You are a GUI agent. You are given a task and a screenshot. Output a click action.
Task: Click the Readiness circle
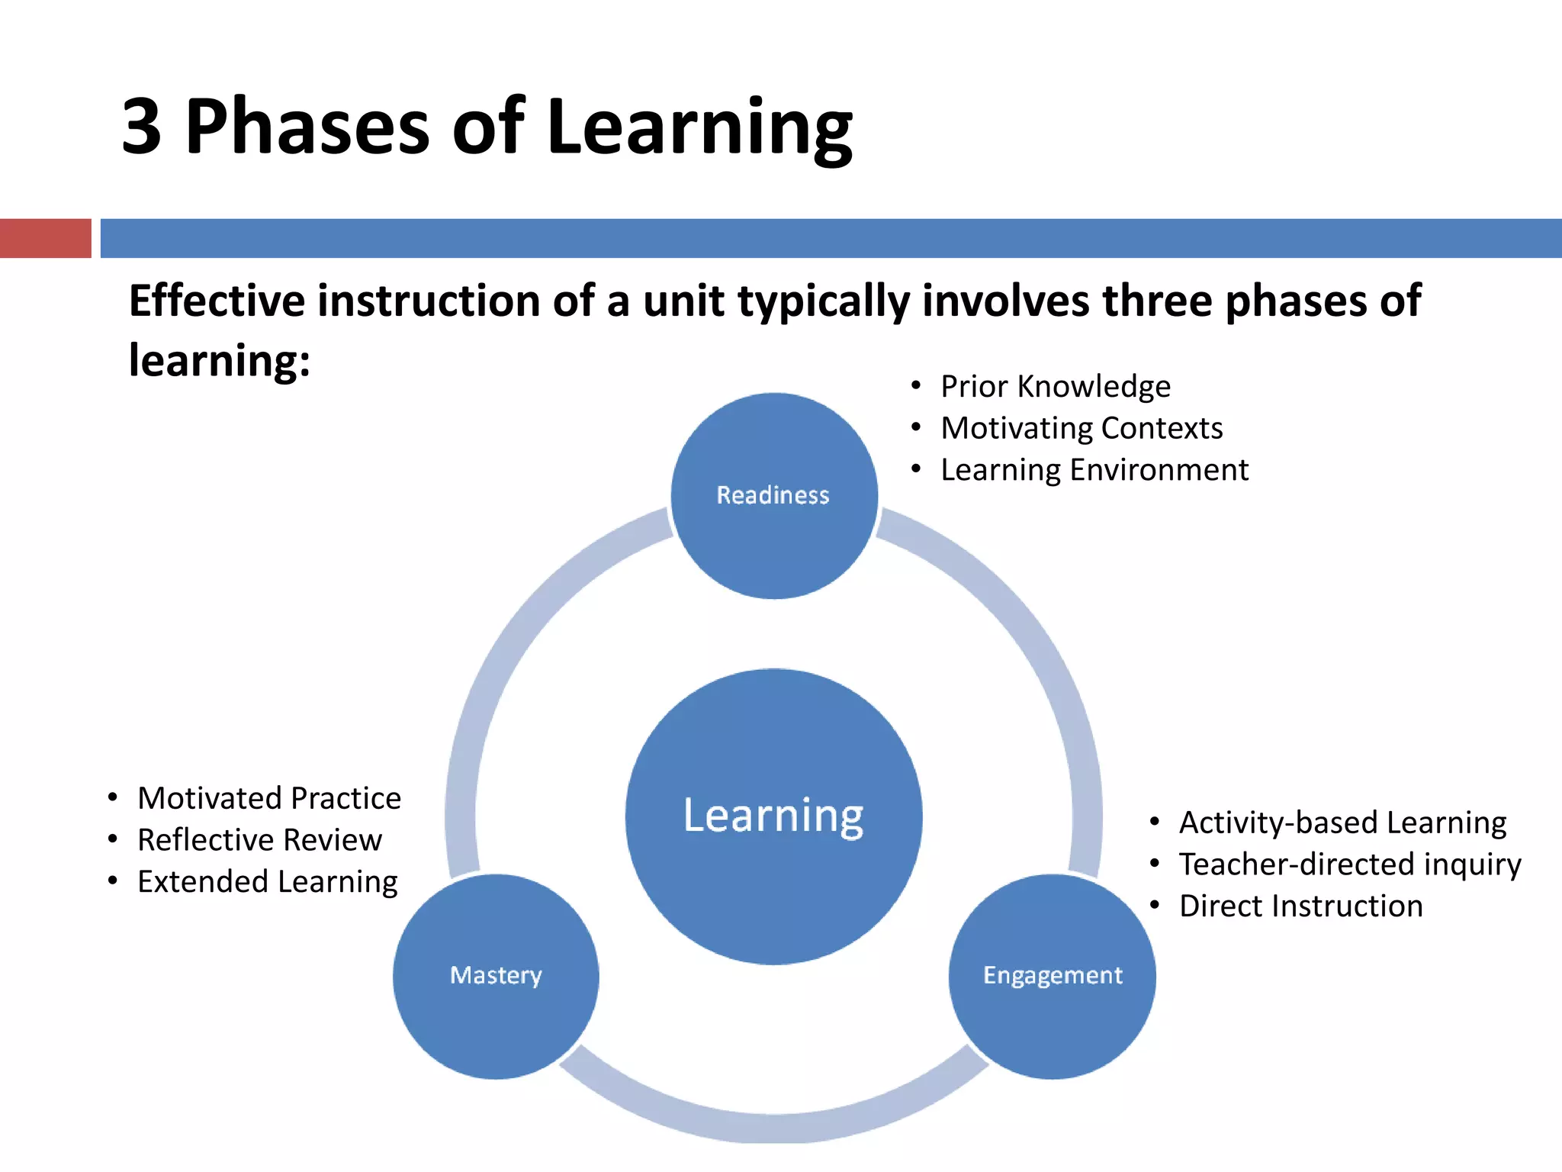pos(773,496)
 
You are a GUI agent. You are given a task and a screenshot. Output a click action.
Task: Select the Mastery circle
pos(496,976)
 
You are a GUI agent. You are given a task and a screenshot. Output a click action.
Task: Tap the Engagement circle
pos(1052,976)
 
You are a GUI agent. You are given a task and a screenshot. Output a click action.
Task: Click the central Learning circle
pos(773,816)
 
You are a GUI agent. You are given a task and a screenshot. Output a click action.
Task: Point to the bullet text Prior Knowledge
pos(1055,387)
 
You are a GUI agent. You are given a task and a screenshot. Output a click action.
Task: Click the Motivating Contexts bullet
pos(1081,428)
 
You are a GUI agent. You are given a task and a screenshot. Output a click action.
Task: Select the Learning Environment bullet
pos(1094,470)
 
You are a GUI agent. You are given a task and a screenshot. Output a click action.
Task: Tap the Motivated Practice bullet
pos(268,798)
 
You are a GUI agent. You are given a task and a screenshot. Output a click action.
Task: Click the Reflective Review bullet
pos(259,840)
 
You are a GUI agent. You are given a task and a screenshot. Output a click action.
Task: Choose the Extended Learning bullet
pos(267,882)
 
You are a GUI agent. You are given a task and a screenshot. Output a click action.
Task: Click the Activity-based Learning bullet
pos(1342,823)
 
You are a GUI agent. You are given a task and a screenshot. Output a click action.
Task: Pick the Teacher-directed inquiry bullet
pos(1349,865)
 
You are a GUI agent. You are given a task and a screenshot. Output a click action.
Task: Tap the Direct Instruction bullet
pos(1300,906)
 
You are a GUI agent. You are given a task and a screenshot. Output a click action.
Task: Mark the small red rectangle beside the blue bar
pos(45,238)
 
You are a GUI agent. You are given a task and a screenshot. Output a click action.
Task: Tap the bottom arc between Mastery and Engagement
pos(773,1125)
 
